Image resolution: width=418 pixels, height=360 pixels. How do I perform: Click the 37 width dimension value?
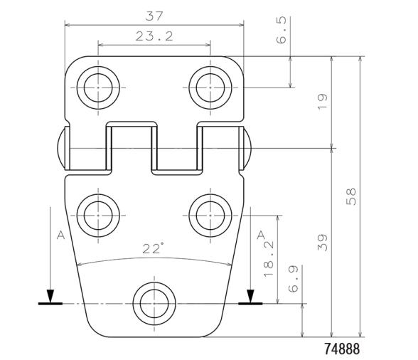(154, 16)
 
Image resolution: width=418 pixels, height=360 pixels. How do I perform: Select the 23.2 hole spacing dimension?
(154, 36)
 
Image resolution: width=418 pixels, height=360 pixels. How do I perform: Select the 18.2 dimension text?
(271, 258)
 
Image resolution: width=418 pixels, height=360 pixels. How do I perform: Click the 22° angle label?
(153, 248)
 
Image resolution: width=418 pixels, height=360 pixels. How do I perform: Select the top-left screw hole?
(98, 89)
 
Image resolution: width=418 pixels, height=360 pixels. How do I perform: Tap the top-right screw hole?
(210, 89)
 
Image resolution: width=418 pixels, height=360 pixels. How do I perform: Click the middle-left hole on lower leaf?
(98, 212)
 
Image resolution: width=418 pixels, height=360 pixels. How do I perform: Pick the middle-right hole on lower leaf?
(210, 212)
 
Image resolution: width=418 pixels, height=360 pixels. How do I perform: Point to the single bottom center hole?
(154, 303)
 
